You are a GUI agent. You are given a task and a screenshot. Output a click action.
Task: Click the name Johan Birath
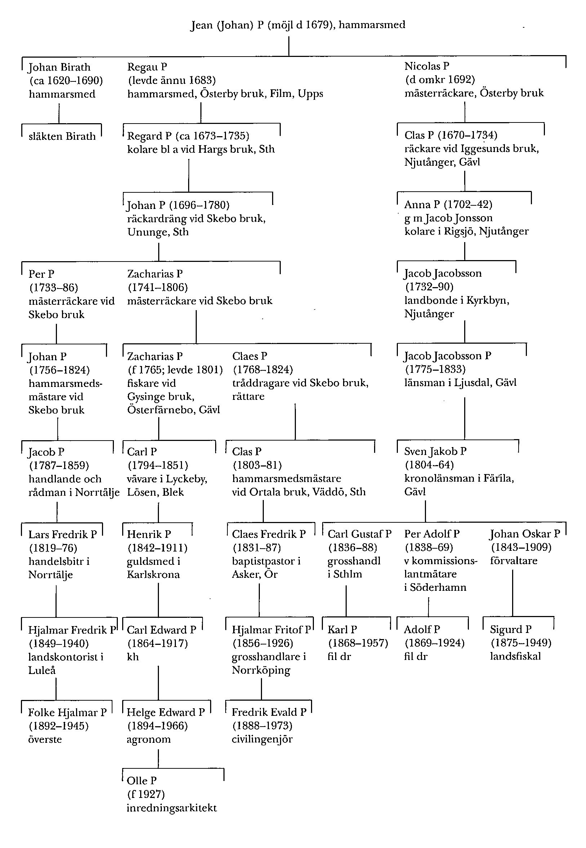coord(59,67)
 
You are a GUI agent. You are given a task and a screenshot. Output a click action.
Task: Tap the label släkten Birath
coord(62,137)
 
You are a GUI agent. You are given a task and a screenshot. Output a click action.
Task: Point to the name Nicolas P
coord(427,66)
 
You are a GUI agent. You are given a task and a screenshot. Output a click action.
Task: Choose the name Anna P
coord(422,204)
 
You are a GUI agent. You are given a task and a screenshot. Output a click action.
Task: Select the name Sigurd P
coord(510,629)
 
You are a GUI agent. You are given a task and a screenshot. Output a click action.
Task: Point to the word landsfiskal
coord(515,656)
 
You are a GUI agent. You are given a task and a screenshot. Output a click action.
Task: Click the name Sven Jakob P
coord(435,451)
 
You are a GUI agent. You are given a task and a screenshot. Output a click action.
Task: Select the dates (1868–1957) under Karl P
coord(358,643)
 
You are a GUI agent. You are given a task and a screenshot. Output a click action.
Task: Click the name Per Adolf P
coord(432,534)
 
